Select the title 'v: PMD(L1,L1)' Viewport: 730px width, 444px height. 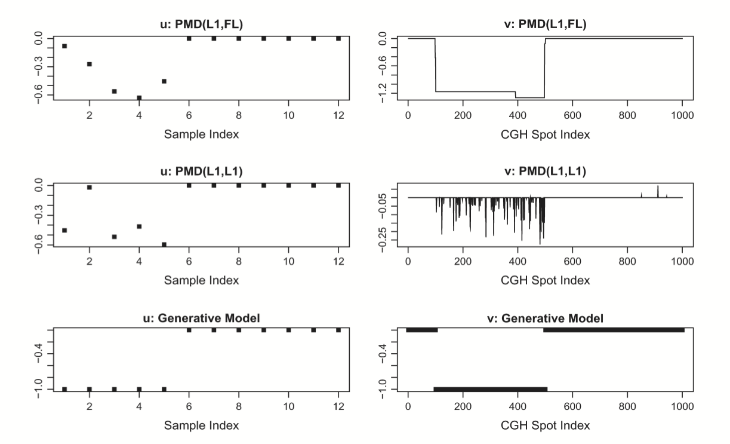click(x=545, y=172)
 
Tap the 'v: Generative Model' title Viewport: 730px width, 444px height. click(x=545, y=319)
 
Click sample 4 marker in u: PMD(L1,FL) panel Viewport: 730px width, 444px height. click(x=139, y=98)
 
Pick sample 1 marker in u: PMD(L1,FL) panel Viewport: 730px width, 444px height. click(x=64, y=46)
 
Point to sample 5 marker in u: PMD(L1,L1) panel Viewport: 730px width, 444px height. click(x=164, y=244)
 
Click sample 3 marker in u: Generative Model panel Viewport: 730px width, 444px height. click(x=114, y=389)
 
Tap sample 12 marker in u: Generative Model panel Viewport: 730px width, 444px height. click(x=338, y=330)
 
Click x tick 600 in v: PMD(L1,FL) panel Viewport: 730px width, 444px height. click(x=572, y=115)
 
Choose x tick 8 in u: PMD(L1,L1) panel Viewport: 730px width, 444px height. click(x=239, y=262)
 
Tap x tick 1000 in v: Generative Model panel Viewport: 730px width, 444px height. click(x=682, y=409)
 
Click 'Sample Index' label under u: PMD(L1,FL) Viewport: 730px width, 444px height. click(x=201, y=134)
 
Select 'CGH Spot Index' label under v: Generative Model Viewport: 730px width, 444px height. click(x=545, y=426)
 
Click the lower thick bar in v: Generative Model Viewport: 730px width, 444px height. click(x=490, y=389)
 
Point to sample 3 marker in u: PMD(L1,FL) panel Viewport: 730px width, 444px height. click(x=114, y=91)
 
